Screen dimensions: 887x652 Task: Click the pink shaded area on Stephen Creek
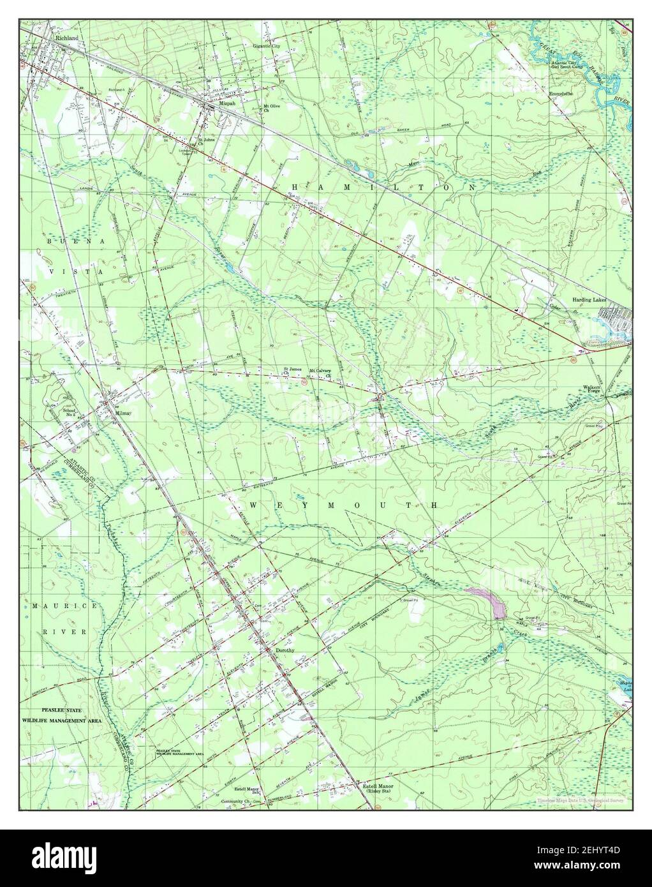(486, 601)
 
